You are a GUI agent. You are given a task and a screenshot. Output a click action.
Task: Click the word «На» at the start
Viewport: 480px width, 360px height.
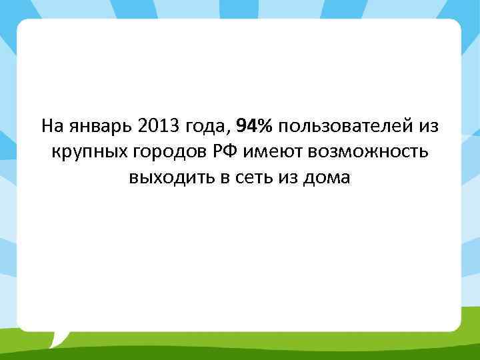51,126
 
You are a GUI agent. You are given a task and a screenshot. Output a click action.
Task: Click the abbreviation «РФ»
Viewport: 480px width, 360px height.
225,152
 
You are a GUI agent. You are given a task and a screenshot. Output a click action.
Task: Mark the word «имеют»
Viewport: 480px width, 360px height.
274,152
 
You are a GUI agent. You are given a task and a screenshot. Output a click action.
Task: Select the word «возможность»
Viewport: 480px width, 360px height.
367,152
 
